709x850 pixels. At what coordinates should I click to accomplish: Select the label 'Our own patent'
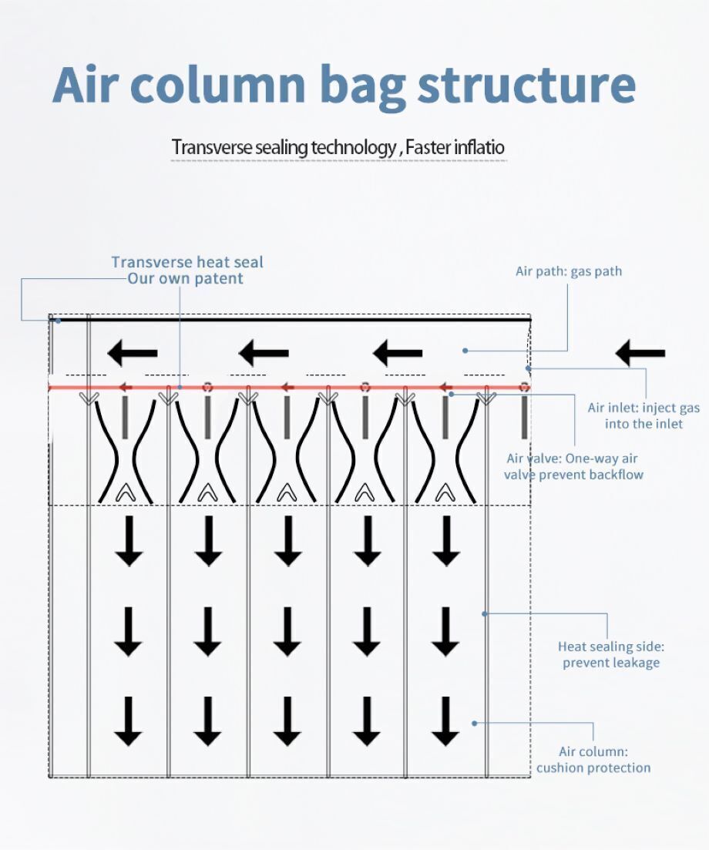coord(185,279)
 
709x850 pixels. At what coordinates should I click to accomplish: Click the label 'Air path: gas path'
coord(568,271)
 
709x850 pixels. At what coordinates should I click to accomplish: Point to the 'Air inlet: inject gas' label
coord(643,408)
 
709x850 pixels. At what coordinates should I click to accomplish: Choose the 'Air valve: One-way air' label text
coord(573,459)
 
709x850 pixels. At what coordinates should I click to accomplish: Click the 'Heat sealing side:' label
coord(610,647)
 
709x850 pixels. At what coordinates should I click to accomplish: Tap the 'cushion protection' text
coord(593,768)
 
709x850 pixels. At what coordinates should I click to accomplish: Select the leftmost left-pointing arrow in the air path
coord(133,354)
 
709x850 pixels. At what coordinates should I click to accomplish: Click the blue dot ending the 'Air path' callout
coord(465,351)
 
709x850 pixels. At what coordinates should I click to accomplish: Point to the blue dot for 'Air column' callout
coord(475,723)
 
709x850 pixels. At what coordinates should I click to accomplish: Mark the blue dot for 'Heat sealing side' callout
coord(485,613)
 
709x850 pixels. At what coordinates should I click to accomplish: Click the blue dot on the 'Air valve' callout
coord(452,394)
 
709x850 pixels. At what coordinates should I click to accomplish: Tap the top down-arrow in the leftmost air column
coord(129,540)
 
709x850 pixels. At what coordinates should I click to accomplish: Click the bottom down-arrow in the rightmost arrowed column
coord(445,721)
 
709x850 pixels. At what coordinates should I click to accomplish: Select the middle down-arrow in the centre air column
coord(287,631)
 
